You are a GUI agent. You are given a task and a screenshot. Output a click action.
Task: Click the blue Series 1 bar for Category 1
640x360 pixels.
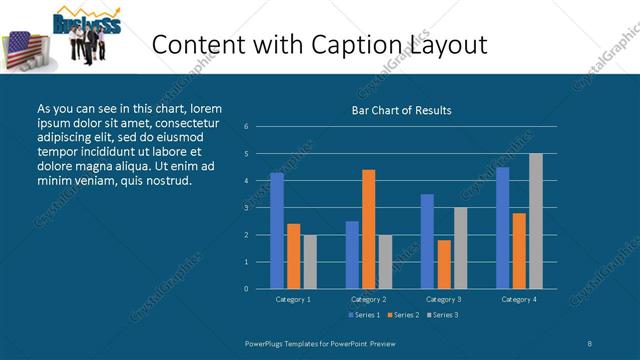point(277,230)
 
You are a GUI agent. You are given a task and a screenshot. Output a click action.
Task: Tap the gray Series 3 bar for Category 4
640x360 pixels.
point(536,221)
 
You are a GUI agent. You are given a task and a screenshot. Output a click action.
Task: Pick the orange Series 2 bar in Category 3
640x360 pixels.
point(444,264)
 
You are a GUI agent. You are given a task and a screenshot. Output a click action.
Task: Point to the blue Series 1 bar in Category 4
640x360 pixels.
point(502,228)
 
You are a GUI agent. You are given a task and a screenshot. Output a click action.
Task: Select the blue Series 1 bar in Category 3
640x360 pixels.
point(427,241)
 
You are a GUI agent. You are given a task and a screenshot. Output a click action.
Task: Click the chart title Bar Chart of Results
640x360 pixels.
point(402,110)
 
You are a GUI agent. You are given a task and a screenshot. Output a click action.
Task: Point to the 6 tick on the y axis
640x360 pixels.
point(246,127)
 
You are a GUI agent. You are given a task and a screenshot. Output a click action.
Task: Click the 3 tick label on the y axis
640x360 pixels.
point(246,208)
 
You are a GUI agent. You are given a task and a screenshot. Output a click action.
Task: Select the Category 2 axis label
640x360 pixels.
point(368,299)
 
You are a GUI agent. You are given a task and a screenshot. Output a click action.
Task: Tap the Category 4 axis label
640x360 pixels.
point(518,299)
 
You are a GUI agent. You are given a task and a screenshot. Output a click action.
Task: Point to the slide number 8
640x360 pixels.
point(590,343)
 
